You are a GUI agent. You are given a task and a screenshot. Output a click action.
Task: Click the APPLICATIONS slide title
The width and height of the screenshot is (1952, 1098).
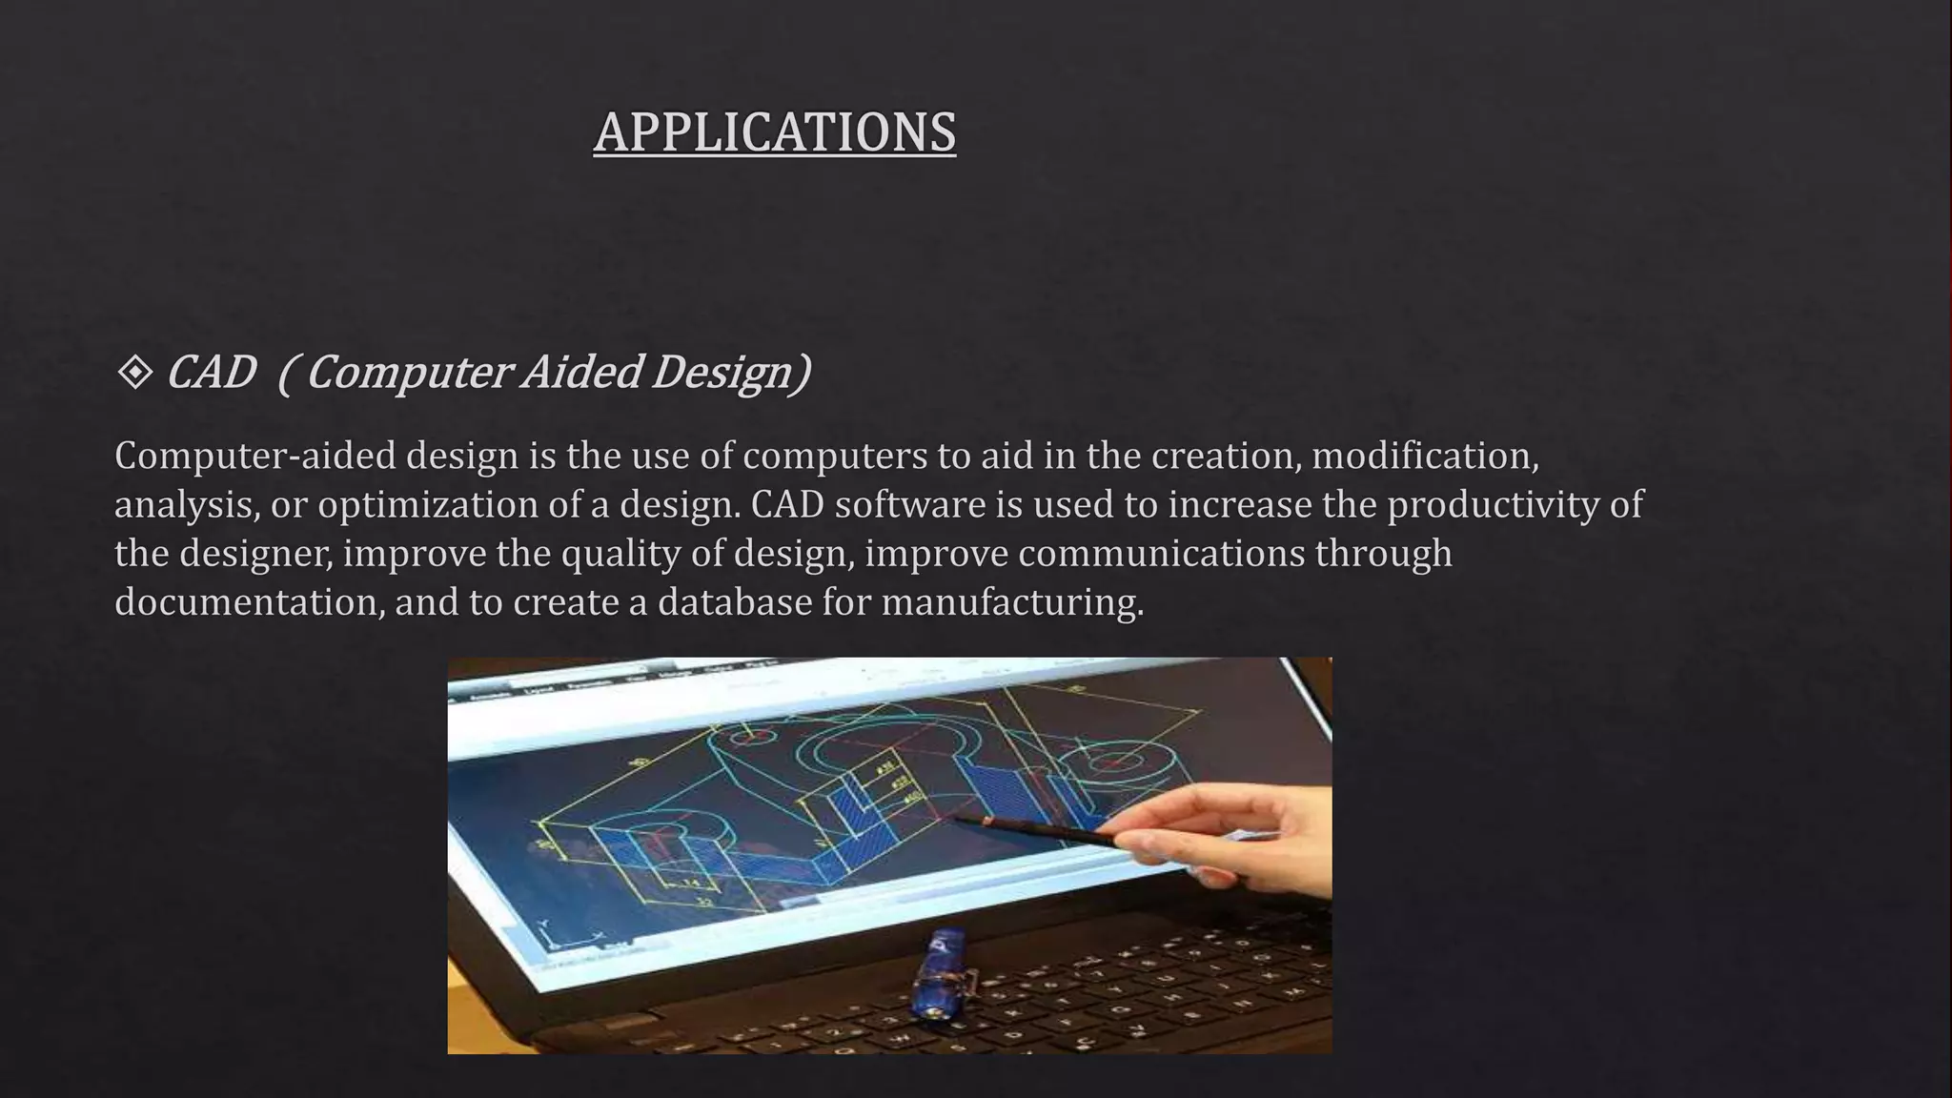coord(774,132)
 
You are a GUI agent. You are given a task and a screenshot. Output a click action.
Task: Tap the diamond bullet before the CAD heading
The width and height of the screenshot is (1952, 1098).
coord(134,372)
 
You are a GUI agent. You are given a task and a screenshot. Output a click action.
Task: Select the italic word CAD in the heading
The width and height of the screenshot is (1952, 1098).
coord(211,372)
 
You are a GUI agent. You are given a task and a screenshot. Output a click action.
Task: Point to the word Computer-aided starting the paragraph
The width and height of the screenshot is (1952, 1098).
coord(254,456)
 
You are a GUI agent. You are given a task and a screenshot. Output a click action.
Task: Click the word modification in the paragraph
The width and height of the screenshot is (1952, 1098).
coord(1424,456)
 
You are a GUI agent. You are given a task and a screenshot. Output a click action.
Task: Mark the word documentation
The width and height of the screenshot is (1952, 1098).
coord(246,602)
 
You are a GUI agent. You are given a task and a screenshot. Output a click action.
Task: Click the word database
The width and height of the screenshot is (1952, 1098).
coord(734,602)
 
